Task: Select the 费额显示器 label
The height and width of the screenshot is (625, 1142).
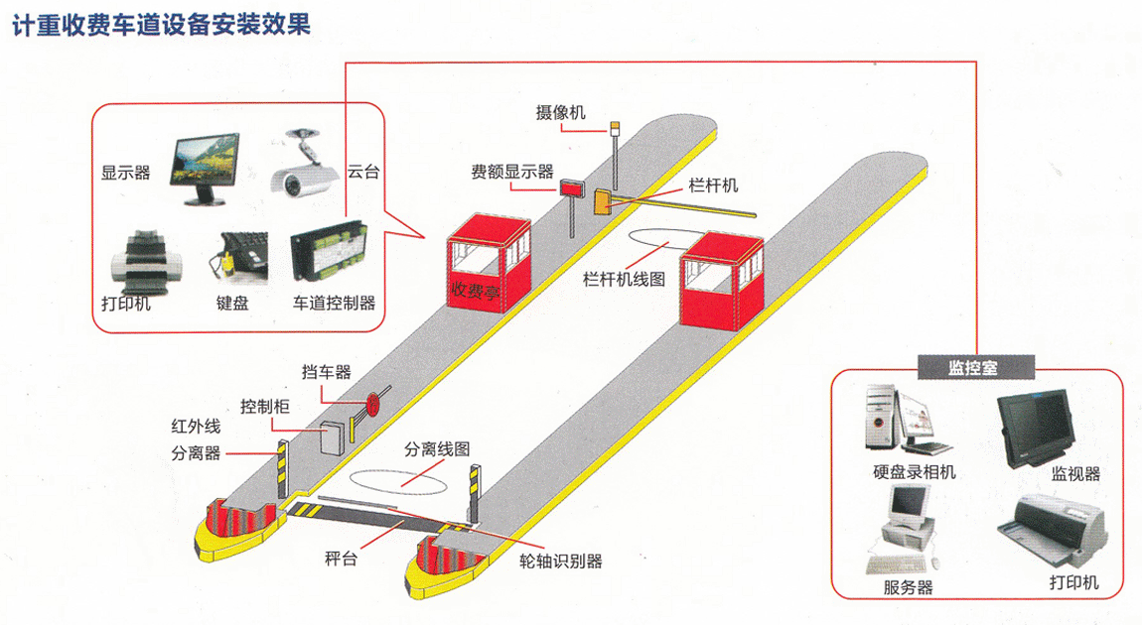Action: point(511,172)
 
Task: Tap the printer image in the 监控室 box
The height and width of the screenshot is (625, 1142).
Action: point(1059,526)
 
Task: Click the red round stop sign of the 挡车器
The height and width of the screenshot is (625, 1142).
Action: point(374,403)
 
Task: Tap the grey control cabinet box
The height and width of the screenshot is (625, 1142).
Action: point(330,436)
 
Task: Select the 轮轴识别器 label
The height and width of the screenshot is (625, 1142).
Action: point(560,562)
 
